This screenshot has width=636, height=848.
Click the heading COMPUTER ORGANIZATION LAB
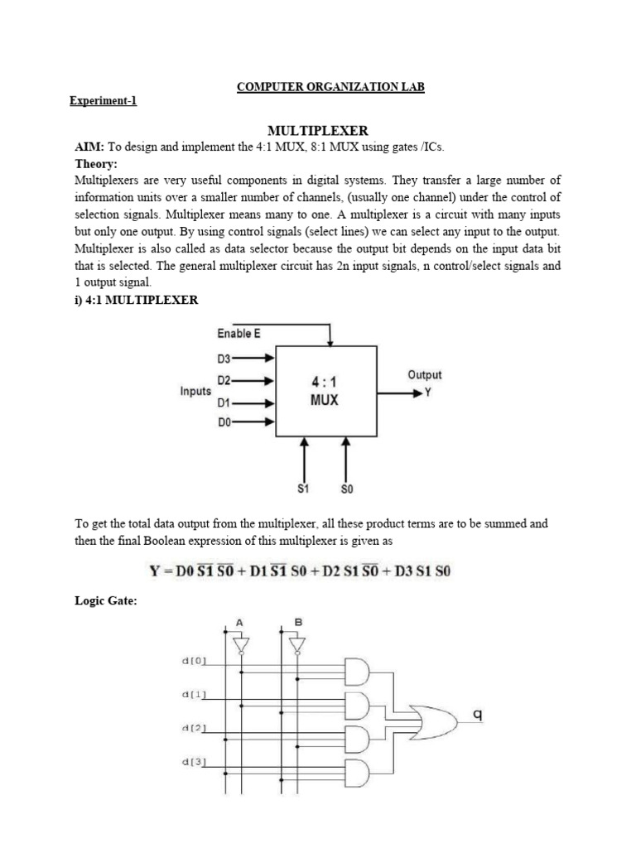coord(330,87)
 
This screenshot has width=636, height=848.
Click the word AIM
coord(89,147)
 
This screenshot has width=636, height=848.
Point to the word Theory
coord(96,163)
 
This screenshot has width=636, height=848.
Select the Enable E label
coord(238,333)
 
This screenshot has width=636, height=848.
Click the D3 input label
coord(224,359)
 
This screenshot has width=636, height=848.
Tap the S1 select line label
coord(303,489)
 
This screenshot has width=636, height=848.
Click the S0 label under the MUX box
coord(346,489)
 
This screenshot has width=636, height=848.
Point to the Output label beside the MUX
coord(424,375)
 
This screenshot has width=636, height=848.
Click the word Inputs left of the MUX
coord(195,391)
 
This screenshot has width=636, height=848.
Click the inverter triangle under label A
coord(240,643)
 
